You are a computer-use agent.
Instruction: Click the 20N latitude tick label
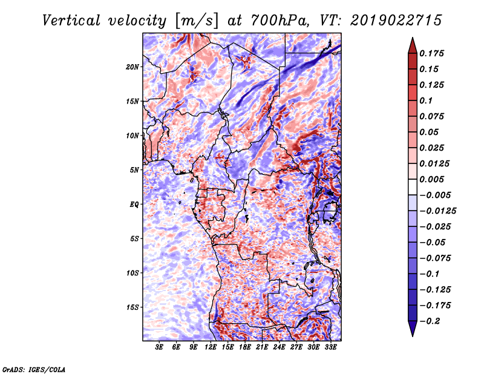(132, 67)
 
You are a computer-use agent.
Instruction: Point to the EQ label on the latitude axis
(134, 205)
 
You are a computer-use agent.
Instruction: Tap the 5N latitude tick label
(134, 170)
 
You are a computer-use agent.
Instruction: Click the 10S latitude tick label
(132, 273)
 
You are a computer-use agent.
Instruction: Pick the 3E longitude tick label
(159, 347)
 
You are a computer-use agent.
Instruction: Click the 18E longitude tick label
(245, 347)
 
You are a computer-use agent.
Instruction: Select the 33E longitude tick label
(330, 347)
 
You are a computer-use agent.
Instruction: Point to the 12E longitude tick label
(211, 347)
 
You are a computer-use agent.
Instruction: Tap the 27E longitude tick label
(296, 347)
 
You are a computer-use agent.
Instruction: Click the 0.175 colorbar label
(431, 53)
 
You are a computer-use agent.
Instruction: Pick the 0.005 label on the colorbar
(431, 179)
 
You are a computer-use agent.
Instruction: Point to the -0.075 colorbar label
(435, 258)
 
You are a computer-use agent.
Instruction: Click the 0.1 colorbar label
(426, 100)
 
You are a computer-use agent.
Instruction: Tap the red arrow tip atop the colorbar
(413, 38)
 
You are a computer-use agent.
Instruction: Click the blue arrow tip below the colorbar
(413, 336)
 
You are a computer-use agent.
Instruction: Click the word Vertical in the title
(71, 21)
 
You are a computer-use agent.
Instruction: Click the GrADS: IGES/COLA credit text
(34, 369)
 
